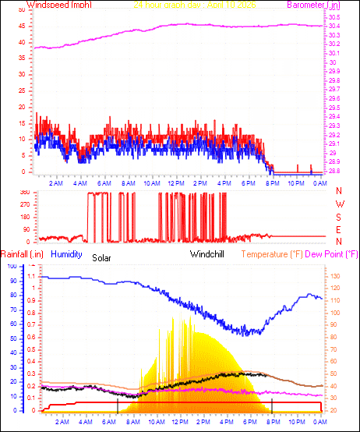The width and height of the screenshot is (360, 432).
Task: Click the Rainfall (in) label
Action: (20, 254)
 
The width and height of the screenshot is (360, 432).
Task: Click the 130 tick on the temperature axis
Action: (336, 276)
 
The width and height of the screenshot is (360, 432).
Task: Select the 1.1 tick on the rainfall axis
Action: (32, 276)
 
